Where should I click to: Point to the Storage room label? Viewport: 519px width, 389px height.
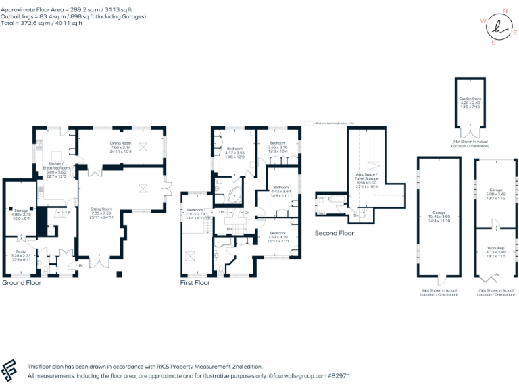tap(22, 211)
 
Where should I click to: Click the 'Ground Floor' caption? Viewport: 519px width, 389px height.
tap(22, 283)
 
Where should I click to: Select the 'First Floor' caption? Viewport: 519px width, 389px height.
tap(195, 283)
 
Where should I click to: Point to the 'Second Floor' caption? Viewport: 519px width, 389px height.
tap(334, 233)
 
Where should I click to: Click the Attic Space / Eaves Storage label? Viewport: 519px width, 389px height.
tap(370, 176)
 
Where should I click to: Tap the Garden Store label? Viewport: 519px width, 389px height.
tap(470, 99)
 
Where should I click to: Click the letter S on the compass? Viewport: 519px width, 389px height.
tap(493, 43)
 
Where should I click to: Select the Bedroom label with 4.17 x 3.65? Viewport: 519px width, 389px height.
tap(234, 149)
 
